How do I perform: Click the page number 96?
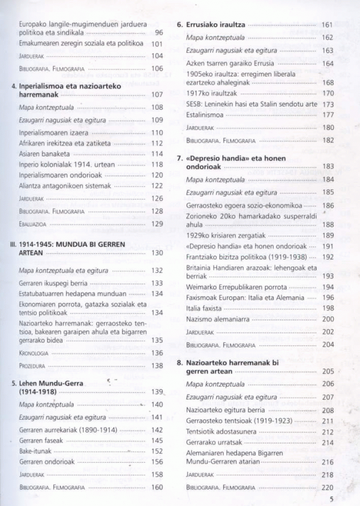click(159, 33)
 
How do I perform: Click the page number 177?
click(328, 115)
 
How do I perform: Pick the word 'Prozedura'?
click(33, 366)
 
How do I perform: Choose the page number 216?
click(328, 462)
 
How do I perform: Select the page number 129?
click(157, 224)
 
